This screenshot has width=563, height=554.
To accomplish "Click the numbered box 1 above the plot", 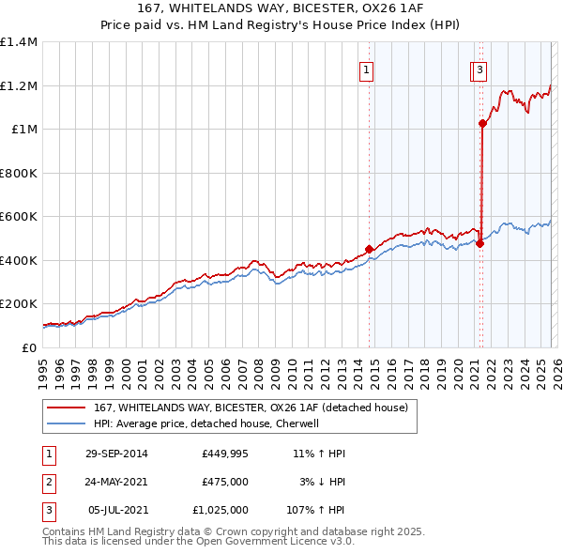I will (x=366, y=69).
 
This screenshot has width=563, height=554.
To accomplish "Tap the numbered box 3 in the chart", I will (x=479, y=69).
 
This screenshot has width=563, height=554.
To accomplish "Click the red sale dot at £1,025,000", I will (x=482, y=123).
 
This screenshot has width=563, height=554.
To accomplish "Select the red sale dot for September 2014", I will (x=369, y=250).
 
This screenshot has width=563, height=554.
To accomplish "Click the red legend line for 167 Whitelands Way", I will (x=66, y=408).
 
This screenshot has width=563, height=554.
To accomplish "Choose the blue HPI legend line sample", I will (x=66, y=423).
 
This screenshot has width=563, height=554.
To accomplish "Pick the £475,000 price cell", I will (x=224, y=482).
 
